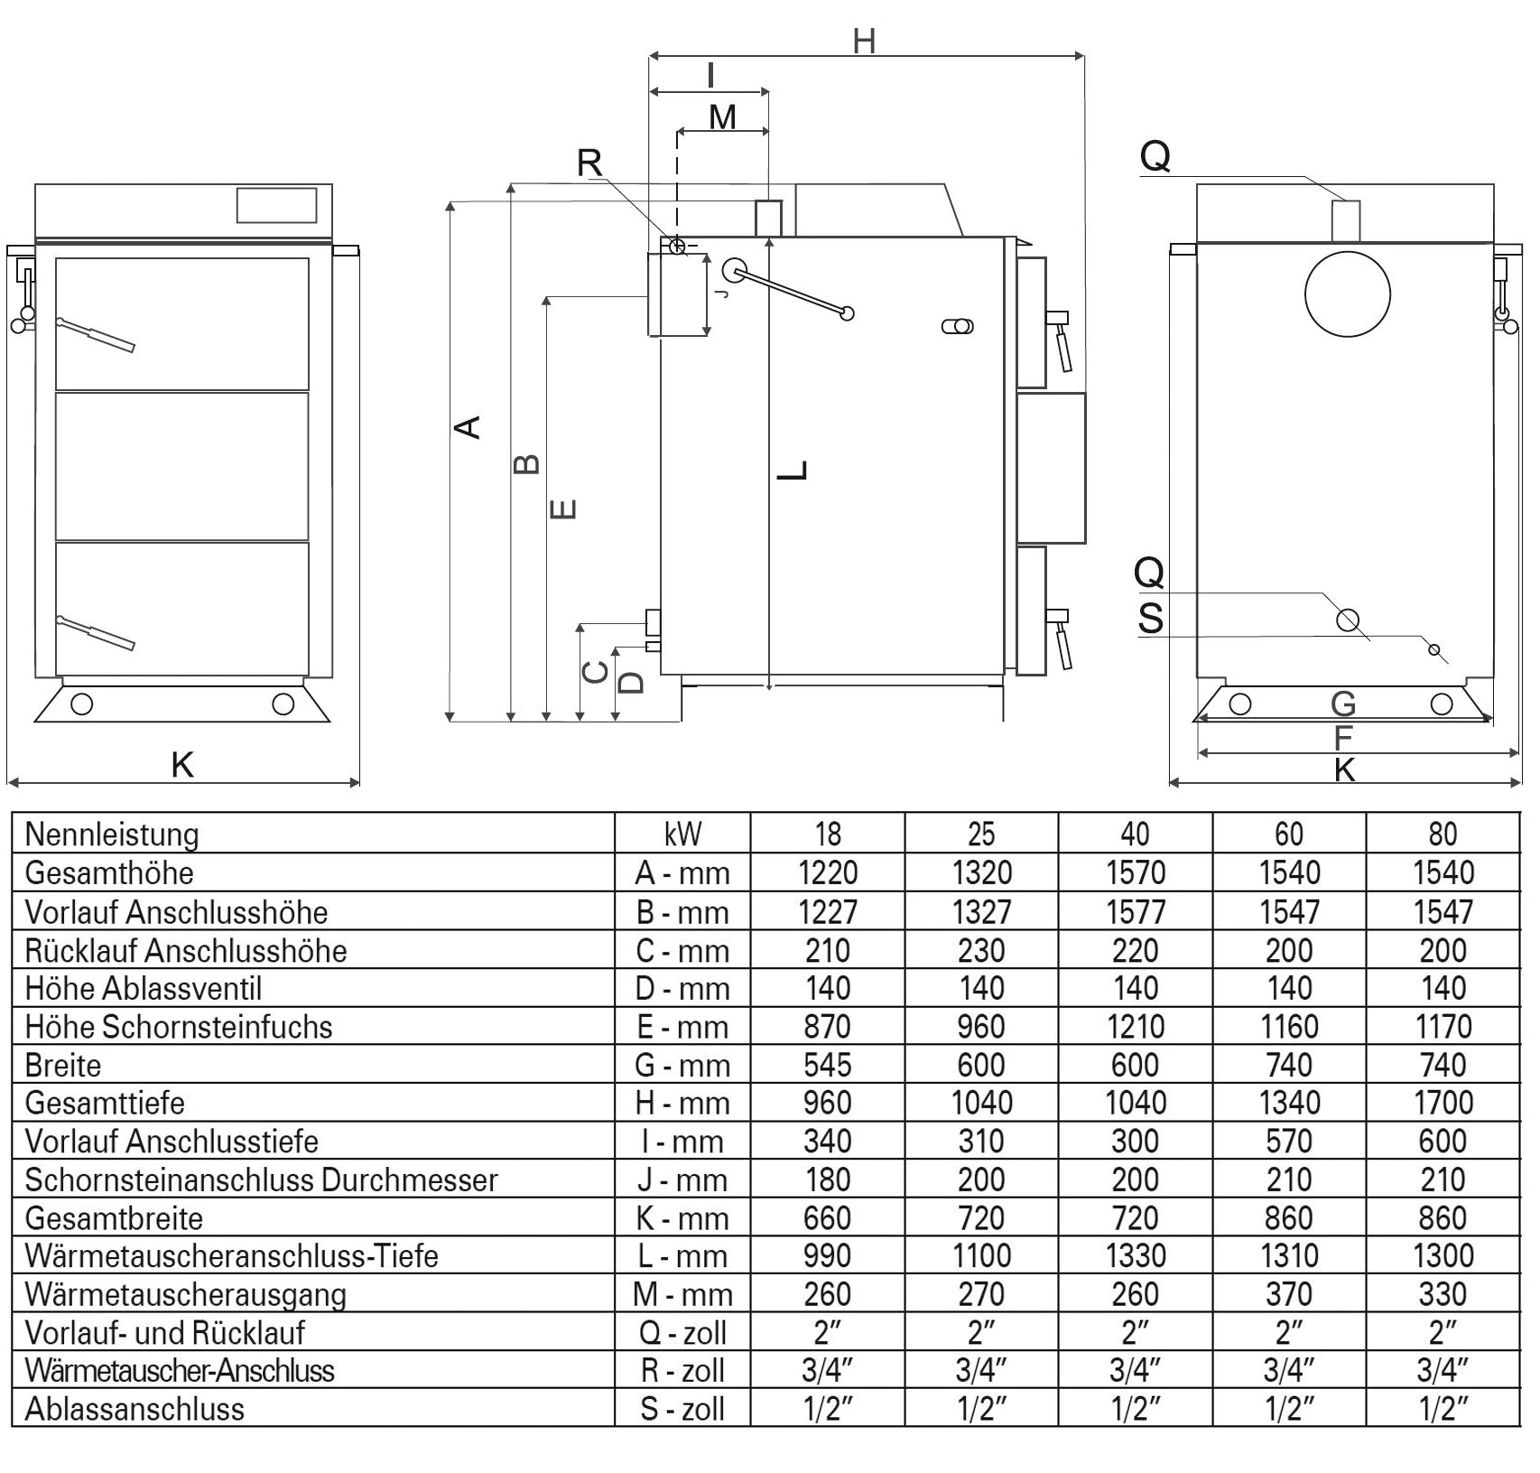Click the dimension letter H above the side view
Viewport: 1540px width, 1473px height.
click(x=864, y=41)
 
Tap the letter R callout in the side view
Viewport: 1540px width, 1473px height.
click(x=589, y=163)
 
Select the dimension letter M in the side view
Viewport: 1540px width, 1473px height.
click(x=722, y=117)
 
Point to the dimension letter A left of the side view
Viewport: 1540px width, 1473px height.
click(x=468, y=426)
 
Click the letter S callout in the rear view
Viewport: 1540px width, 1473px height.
click(x=1151, y=620)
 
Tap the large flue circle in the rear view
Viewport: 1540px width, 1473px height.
click(x=1347, y=294)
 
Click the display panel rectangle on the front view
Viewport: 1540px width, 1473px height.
click(x=276, y=205)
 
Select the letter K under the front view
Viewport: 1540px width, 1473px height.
click(x=182, y=766)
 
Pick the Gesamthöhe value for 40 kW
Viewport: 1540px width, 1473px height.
click(x=1135, y=872)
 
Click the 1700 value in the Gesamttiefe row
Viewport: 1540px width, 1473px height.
click(x=1443, y=1103)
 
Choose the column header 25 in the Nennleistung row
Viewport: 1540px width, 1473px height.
click(x=981, y=834)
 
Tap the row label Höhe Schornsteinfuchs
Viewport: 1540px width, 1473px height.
click(x=179, y=1027)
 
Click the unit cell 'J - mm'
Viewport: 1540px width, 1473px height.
click(x=682, y=1179)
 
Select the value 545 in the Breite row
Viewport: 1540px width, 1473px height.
click(x=827, y=1065)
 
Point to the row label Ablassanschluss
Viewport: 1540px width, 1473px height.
click(x=135, y=1409)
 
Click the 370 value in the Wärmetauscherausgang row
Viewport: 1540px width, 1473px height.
click(x=1289, y=1294)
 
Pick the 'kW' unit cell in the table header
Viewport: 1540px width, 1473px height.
click(x=682, y=834)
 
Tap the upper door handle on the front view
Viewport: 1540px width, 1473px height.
click(x=95, y=335)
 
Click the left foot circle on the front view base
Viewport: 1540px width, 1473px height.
click(x=81, y=704)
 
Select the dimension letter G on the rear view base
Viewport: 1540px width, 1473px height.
click(x=1343, y=704)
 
